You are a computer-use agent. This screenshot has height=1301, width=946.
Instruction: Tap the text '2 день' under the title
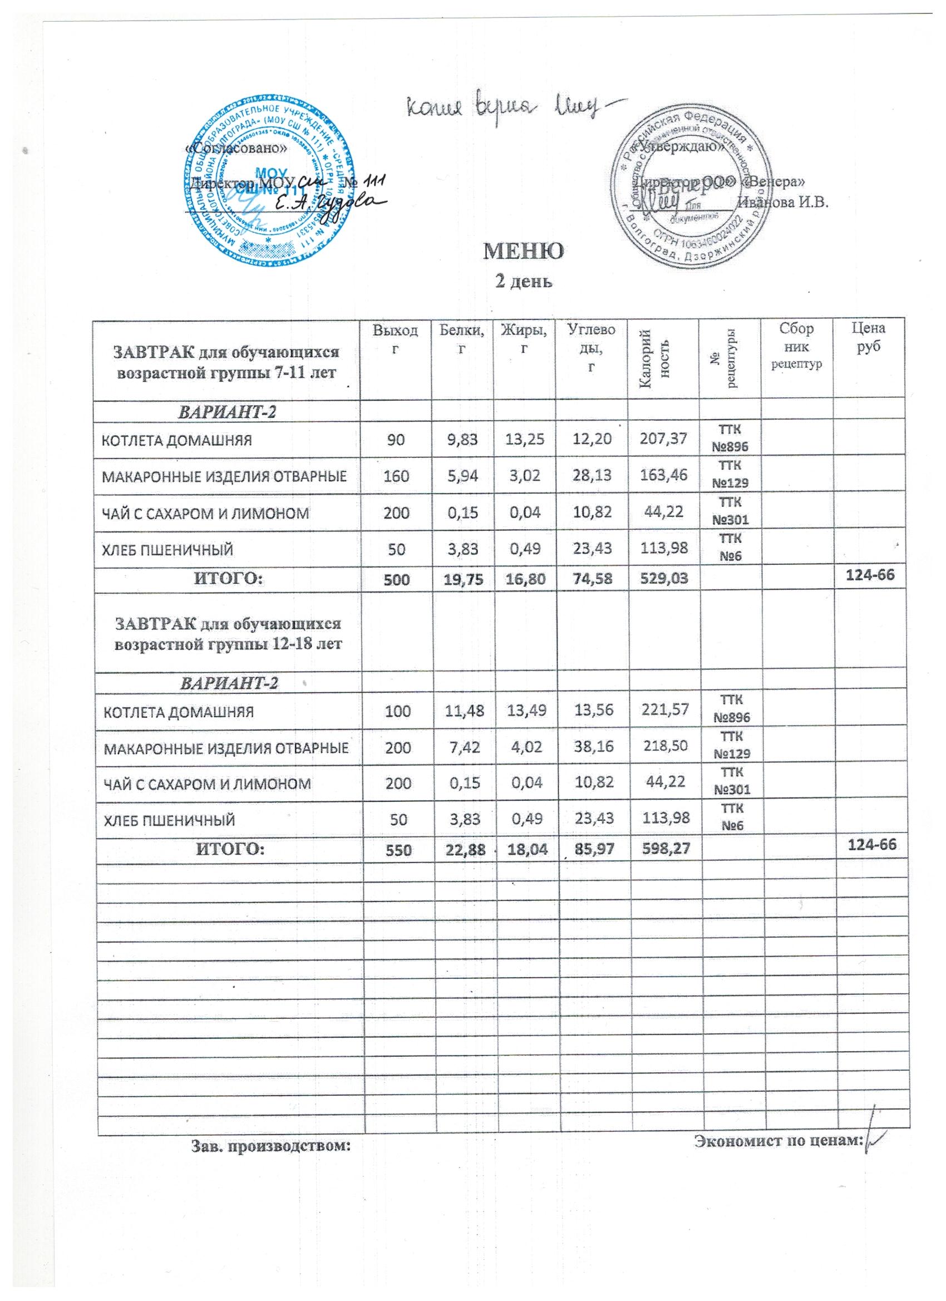click(523, 281)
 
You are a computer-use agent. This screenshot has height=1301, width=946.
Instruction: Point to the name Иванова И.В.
click(784, 203)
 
